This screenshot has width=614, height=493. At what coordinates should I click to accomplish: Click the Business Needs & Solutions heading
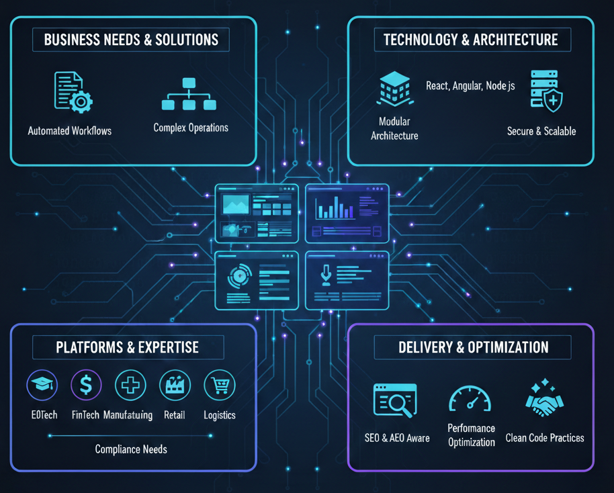tap(130, 40)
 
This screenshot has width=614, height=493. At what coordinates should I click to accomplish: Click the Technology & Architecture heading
tap(470, 40)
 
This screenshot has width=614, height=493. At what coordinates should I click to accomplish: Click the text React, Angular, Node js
tap(470, 86)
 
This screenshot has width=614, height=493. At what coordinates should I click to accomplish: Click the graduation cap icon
tap(42, 386)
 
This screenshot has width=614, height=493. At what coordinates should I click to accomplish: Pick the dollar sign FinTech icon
tap(86, 386)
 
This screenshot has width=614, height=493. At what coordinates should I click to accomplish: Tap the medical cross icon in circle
tap(130, 386)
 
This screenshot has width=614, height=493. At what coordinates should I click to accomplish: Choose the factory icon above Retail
tap(175, 386)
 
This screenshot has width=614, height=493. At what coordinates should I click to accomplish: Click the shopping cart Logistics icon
tap(219, 386)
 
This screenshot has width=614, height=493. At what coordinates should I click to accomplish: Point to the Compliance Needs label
tap(131, 449)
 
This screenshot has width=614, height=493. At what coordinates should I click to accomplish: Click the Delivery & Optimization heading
tap(473, 347)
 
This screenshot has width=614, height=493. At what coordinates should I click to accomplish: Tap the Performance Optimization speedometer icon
tap(470, 399)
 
